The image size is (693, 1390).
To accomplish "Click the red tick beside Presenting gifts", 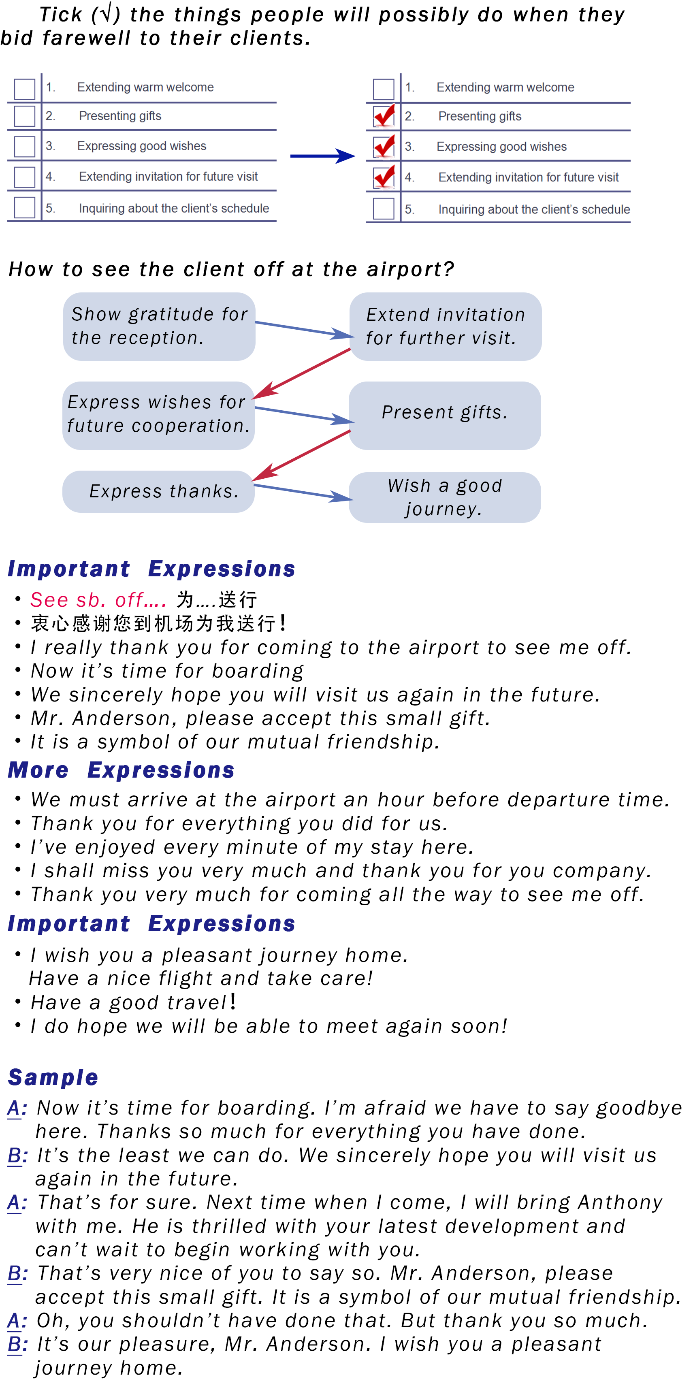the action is point(384,115).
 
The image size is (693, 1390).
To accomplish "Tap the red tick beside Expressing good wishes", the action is point(384,146).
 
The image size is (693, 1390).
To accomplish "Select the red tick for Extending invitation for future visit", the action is point(384,177).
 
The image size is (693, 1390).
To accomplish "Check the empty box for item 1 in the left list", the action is point(24,88).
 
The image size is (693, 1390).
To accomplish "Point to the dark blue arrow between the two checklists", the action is point(322,156).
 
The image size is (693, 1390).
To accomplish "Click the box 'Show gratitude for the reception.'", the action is point(159,326).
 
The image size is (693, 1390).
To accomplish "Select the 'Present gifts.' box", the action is point(445,415).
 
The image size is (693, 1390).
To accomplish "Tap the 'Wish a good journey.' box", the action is point(445,497).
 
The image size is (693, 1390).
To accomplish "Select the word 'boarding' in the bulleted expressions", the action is point(258,671).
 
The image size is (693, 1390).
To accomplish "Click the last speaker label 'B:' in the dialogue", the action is point(17,1344).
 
